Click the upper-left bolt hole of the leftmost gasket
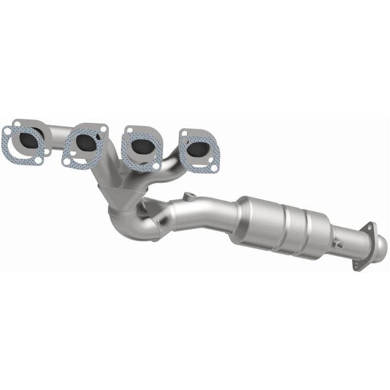tap(8, 130)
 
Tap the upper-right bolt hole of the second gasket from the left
tap(103, 129)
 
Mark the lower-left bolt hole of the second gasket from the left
tap(66, 160)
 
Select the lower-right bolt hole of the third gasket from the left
tap(156, 166)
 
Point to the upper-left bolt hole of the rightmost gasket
tap(184, 132)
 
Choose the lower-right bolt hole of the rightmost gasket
tap(213, 169)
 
